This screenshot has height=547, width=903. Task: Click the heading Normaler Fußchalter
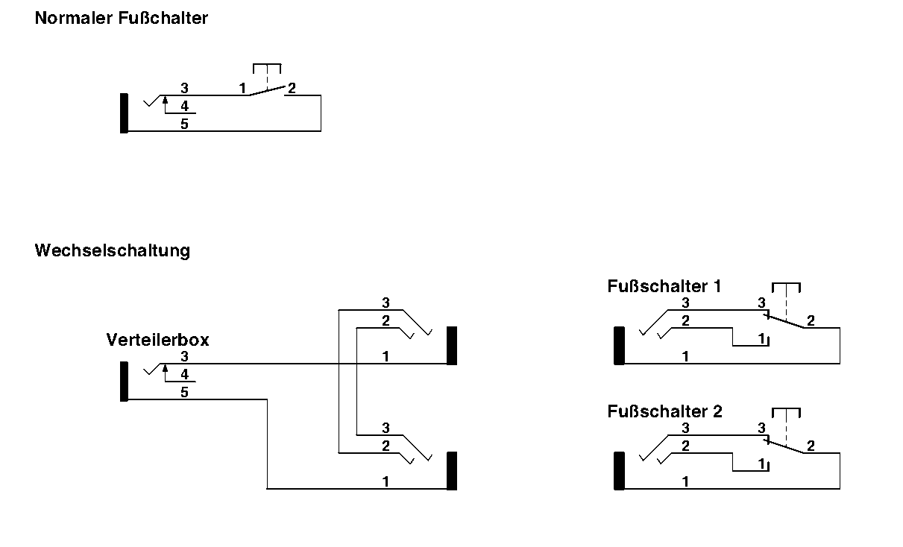click(121, 19)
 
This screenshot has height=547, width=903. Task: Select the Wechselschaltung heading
click(112, 250)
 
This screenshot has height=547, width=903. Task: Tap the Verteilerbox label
click(157, 341)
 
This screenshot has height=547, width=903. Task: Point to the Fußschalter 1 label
click(664, 287)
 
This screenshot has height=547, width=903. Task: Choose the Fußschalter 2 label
click(664, 411)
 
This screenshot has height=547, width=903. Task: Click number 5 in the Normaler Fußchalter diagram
click(184, 124)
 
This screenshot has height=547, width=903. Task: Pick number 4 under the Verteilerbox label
click(184, 374)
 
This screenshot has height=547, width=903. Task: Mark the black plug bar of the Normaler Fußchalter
click(124, 113)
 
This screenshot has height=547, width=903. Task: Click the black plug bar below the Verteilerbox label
click(124, 382)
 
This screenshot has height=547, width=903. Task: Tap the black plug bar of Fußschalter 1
click(619, 346)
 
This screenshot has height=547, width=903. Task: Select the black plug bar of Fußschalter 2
click(619, 471)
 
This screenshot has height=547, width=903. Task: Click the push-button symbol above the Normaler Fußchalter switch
click(267, 69)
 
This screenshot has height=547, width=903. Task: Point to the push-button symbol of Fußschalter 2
click(786, 412)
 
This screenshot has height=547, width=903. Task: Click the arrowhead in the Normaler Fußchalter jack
click(166, 99)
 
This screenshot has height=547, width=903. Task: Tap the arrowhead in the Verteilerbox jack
click(166, 367)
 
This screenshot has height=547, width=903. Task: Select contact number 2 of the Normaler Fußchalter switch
click(292, 89)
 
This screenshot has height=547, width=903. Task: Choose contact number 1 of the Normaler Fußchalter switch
click(242, 89)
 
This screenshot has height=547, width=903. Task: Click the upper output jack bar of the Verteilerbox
click(451, 346)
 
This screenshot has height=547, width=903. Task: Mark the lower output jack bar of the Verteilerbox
click(451, 471)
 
